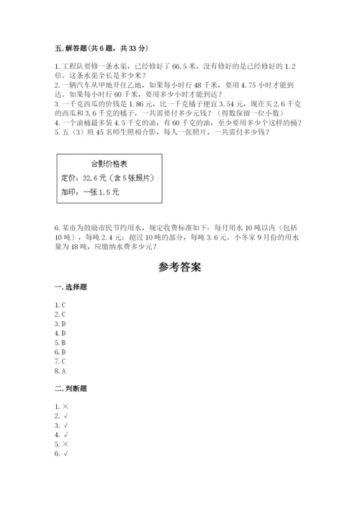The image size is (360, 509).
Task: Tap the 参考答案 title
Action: (179, 266)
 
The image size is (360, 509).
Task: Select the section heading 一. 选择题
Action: (71, 287)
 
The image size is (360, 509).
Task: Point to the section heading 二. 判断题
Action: (71, 389)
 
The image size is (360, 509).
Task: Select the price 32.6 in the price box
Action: (92, 178)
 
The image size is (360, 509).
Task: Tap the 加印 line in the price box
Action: (91, 192)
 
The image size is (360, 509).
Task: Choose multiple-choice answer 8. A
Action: (60, 371)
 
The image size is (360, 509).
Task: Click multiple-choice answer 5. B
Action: (60, 343)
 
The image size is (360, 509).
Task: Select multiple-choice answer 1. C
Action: (60, 305)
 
